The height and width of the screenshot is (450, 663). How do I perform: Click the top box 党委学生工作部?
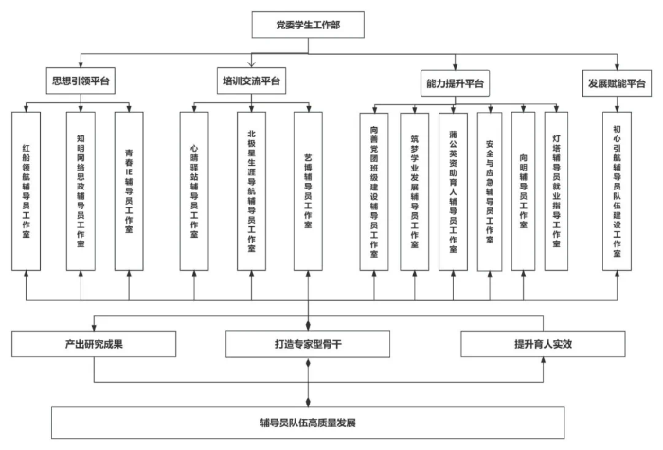click(307, 24)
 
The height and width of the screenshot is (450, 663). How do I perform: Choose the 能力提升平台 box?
click(456, 83)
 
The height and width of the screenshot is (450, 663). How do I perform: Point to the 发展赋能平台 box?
click(615, 83)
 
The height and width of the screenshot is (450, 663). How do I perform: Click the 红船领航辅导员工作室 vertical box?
click(27, 189)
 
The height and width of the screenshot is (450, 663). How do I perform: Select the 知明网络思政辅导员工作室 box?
click(80, 189)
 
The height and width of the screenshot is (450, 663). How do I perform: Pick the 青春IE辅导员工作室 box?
click(128, 189)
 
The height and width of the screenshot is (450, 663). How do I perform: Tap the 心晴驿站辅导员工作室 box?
click(195, 189)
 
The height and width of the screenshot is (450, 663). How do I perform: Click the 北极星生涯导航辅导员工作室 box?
click(250, 189)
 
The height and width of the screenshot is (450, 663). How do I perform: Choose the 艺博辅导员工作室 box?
click(309, 189)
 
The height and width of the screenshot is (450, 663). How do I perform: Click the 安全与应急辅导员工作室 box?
click(490, 190)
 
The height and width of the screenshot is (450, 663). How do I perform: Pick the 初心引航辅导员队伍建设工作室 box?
click(617, 190)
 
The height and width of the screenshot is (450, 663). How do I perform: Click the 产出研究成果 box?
click(93, 342)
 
